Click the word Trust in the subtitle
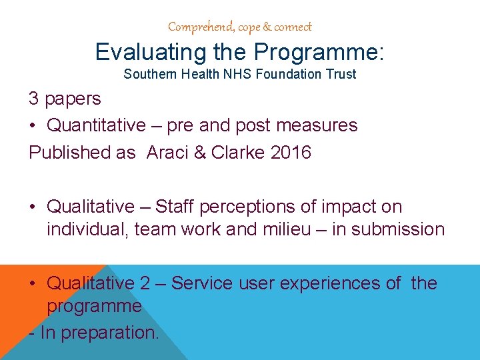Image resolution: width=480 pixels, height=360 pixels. [x=341, y=74]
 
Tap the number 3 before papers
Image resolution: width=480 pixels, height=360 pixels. [x=33, y=99]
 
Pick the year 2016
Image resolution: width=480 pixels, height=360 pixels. [x=291, y=152]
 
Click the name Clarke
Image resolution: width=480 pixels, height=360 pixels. [x=239, y=152]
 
